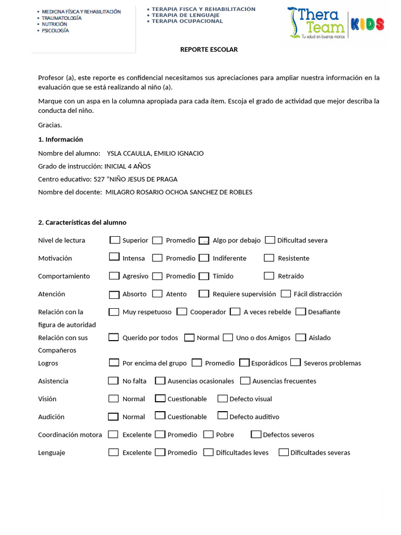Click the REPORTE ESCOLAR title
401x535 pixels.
[x=209, y=50]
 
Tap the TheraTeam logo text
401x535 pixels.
[x=319, y=21]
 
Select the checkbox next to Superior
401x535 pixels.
[x=115, y=240]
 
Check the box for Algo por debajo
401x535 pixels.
[x=204, y=240]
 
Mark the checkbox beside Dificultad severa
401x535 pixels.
[x=270, y=240]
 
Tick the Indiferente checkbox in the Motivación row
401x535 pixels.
[x=204, y=258]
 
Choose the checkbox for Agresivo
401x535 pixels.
[x=114, y=275]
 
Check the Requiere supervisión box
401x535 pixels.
[x=204, y=294]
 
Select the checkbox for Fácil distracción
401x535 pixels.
[x=286, y=294]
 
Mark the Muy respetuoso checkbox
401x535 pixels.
[x=114, y=311]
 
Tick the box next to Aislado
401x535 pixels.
[x=301, y=337]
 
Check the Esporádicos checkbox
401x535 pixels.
[x=244, y=362]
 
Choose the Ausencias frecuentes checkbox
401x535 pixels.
[x=245, y=380]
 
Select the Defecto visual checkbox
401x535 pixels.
[x=222, y=398]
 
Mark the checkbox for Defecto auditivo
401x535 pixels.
[x=222, y=416]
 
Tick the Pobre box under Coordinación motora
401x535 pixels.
[x=208, y=434]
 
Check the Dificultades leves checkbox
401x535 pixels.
[x=208, y=452]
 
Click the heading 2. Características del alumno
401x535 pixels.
[x=82, y=222]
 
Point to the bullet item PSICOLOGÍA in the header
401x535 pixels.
[x=55, y=31]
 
